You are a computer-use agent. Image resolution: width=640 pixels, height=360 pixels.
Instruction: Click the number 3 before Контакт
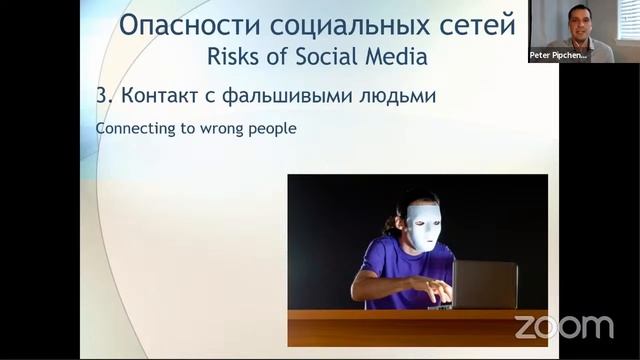[x=102, y=98]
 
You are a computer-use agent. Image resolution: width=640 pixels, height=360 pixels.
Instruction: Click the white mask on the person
[x=424, y=226]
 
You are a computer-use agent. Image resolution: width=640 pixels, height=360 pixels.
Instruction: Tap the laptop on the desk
[x=483, y=284]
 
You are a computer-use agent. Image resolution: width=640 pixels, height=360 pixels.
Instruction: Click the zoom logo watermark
[x=563, y=326]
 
